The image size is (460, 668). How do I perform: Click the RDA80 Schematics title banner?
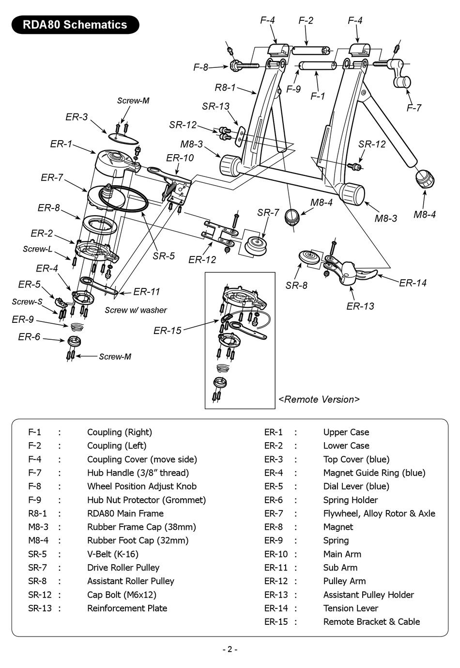[x=75, y=25]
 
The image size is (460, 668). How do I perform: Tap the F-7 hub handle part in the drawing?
[x=400, y=74]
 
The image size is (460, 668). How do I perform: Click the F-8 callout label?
[x=200, y=67]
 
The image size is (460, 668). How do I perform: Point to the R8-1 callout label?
[x=225, y=88]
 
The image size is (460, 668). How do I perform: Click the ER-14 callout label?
[x=413, y=283]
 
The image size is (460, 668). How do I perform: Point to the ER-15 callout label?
[x=168, y=330]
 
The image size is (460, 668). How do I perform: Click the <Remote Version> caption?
[x=319, y=399]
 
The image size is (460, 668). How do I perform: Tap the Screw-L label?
[x=37, y=249]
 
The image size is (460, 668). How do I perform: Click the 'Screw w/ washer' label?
[x=136, y=310]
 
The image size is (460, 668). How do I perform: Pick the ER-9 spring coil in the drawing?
[x=76, y=326]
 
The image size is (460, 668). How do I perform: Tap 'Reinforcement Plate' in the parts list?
[x=127, y=608]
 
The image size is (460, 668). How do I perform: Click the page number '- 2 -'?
[x=230, y=650]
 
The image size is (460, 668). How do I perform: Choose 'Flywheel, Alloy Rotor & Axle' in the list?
[x=379, y=513]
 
